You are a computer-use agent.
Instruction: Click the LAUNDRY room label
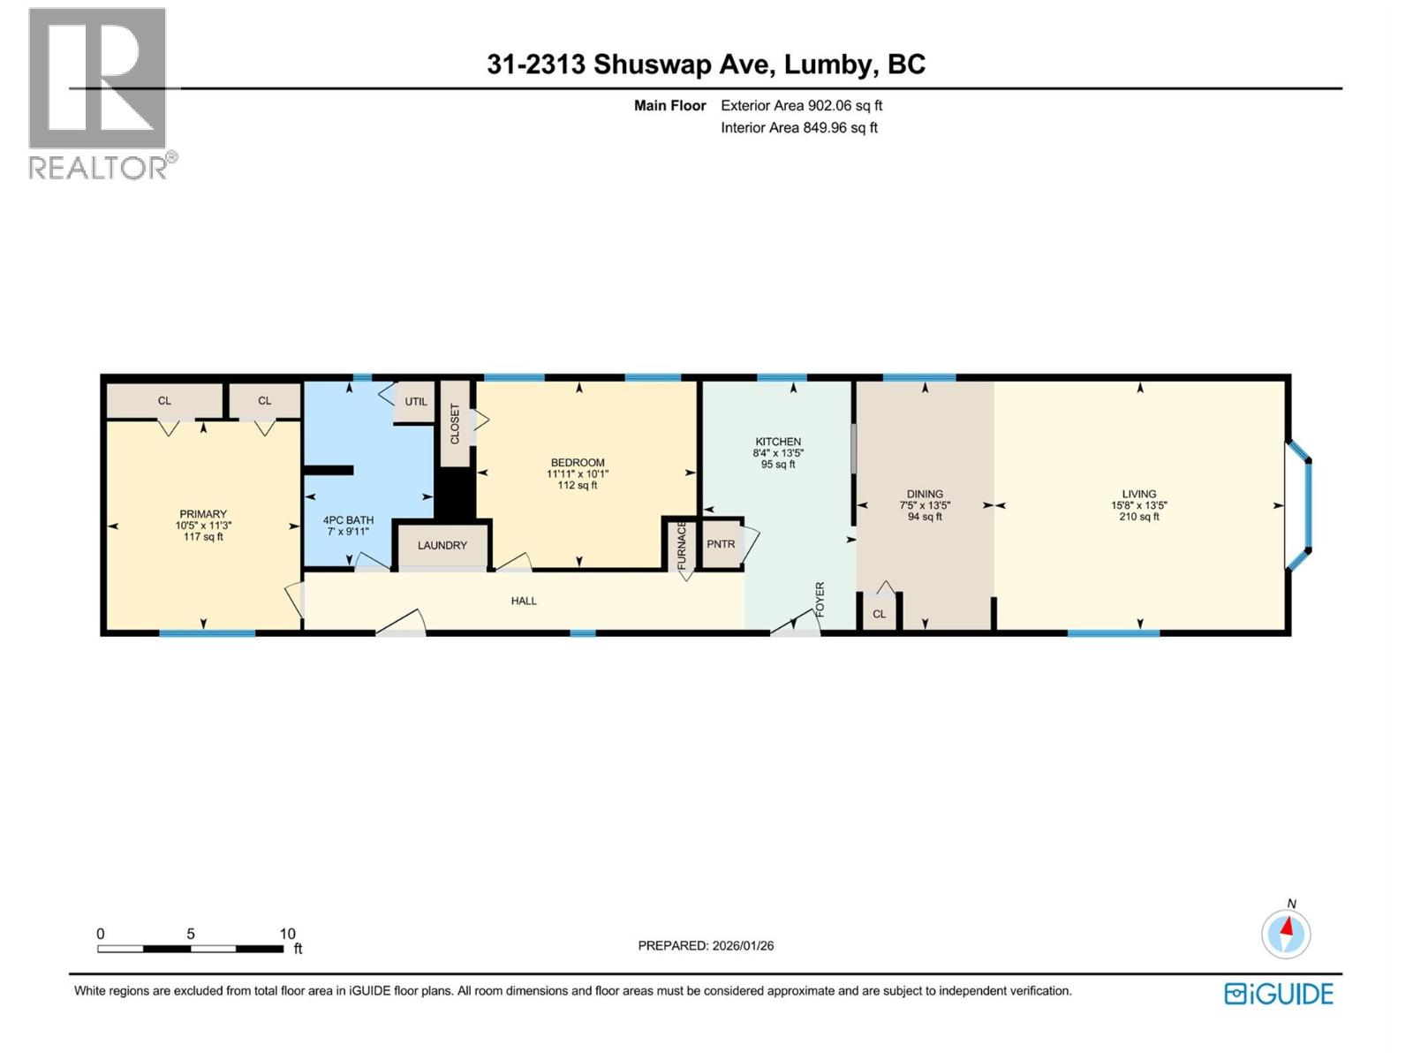pyautogui.click(x=442, y=545)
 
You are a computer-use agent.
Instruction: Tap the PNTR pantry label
pyautogui.click(x=721, y=544)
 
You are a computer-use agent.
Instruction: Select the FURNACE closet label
pyautogui.click(x=682, y=546)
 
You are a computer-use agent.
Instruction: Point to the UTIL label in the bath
pyautogui.click(x=416, y=402)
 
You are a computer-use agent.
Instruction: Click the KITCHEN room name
pyautogui.click(x=778, y=442)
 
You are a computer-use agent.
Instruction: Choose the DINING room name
pyautogui.click(x=925, y=495)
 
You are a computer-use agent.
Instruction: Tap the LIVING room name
pyautogui.click(x=1138, y=495)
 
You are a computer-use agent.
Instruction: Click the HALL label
pyautogui.click(x=524, y=601)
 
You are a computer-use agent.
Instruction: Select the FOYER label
pyautogui.click(x=820, y=599)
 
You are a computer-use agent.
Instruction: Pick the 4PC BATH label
pyautogui.click(x=348, y=520)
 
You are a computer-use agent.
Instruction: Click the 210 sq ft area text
pyautogui.click(x=1138, y=516)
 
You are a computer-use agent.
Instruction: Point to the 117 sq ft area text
pyautogui.click(x=203, y=536)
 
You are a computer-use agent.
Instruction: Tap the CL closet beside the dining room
pyautogui.click(x=879, y=614)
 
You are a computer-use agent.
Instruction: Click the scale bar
pyautogui.click(x=191, y=949)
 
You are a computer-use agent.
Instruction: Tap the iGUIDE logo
pyautogui.click(x=1279, y=994)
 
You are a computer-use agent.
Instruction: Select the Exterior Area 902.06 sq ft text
pyautogui.click(x=802, y=105)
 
